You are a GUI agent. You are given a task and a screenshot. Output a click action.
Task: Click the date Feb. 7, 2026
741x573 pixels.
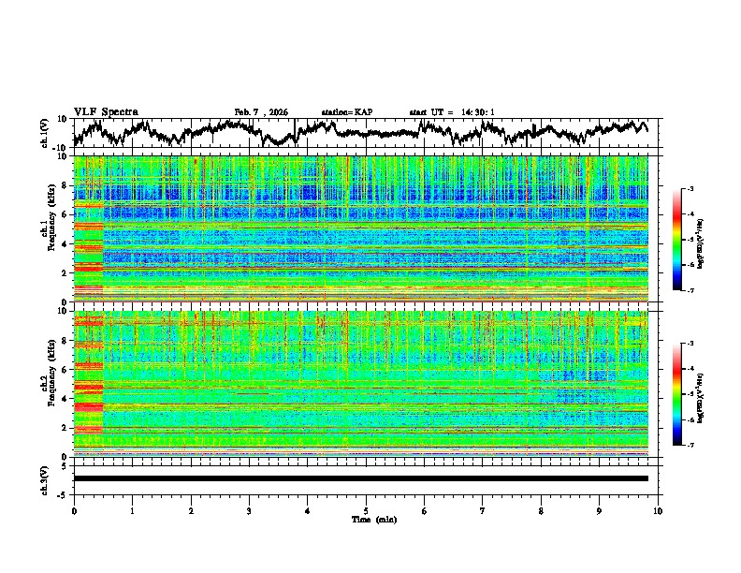(x=261, y=112)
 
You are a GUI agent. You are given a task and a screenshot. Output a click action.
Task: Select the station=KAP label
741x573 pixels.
(x=347, y=112)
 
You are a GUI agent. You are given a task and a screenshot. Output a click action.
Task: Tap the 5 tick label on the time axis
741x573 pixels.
(x=366, y=510)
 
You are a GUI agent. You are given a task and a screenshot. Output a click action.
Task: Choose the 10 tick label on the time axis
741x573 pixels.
(x=658, y=510)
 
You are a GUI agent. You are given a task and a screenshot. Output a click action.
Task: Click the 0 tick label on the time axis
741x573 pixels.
(x=74, y=510)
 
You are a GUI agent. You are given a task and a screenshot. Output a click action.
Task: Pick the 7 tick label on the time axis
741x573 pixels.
(x=483, y=510)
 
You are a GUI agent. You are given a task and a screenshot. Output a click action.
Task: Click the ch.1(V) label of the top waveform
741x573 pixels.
(x=46, y=134)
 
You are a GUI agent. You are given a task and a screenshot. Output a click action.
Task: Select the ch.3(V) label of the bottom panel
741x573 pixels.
(x=46, y=478)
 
